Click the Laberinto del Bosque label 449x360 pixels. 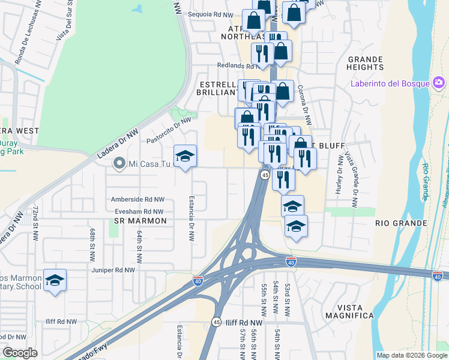tap(390, 83)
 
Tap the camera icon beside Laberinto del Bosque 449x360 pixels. tap(439, 82)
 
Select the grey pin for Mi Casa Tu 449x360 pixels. tap(119, 163)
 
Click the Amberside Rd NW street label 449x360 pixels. tap(137, 199)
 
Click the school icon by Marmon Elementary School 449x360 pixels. tap(55, 280)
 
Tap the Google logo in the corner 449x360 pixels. tap(20, 353)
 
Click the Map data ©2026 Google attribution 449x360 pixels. tap(412, 355)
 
